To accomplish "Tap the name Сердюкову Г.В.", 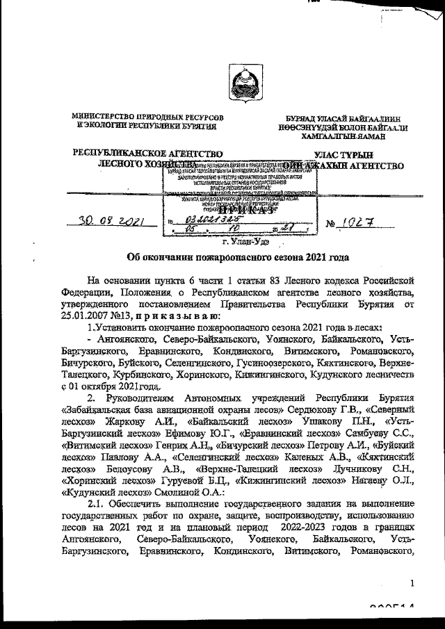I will [346, 409].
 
